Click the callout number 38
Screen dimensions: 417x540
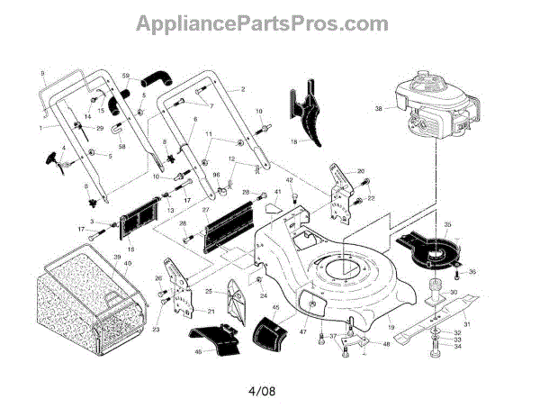click(x=379, y=109)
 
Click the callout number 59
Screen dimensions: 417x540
click(x=125, y=76)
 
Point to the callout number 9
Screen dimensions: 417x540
click(x=42, y=71)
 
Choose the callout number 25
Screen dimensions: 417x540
click(x=209, y=293)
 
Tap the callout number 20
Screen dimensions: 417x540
click(x=360, y=171)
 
